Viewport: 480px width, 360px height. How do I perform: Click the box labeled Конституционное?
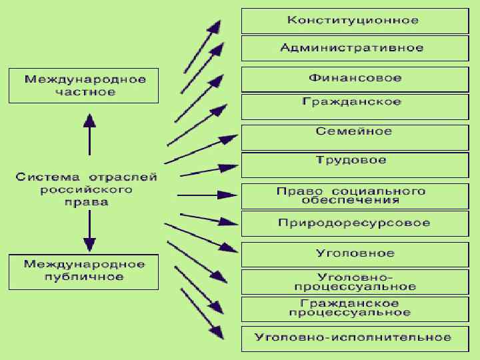[353, 21]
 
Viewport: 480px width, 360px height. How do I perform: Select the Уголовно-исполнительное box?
[353, 337]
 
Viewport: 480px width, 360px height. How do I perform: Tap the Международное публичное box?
[84, 271]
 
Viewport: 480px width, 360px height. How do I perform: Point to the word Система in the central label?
[41, 177]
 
